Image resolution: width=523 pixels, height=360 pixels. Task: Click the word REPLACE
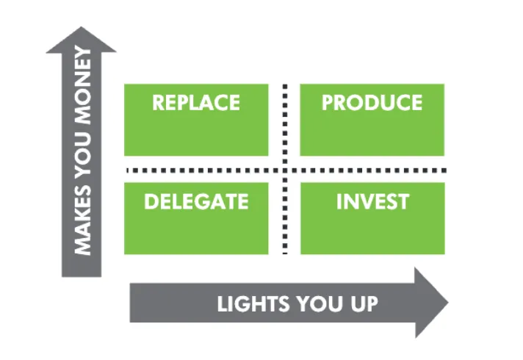click(x=196, y=102)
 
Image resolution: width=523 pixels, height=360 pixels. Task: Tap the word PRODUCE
click(x=372, y=102)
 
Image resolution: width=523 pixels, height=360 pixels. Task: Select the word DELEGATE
click(x=196, y=201)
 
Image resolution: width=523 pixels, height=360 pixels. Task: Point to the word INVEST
click(x=372, y=201)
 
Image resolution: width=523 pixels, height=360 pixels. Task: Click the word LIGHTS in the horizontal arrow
click(x=253, y=303)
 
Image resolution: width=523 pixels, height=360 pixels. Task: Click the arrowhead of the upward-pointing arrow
click(x=81, y=40)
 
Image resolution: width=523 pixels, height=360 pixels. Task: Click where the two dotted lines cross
click(x=285, y=170)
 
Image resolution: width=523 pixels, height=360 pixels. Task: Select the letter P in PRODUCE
click(x=328, y=102)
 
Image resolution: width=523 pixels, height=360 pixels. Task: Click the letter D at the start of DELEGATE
click(x=151, y=201)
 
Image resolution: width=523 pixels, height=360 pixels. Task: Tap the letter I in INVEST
click(x=339, y=201)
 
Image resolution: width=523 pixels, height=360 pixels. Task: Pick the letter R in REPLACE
click(x=159, y=102)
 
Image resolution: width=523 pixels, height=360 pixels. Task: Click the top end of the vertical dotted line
click(x=285, y=86)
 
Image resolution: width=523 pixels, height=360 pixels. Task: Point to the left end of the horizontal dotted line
click(x=128, y=170)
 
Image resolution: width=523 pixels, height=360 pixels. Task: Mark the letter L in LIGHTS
click(x=223, y=303)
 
